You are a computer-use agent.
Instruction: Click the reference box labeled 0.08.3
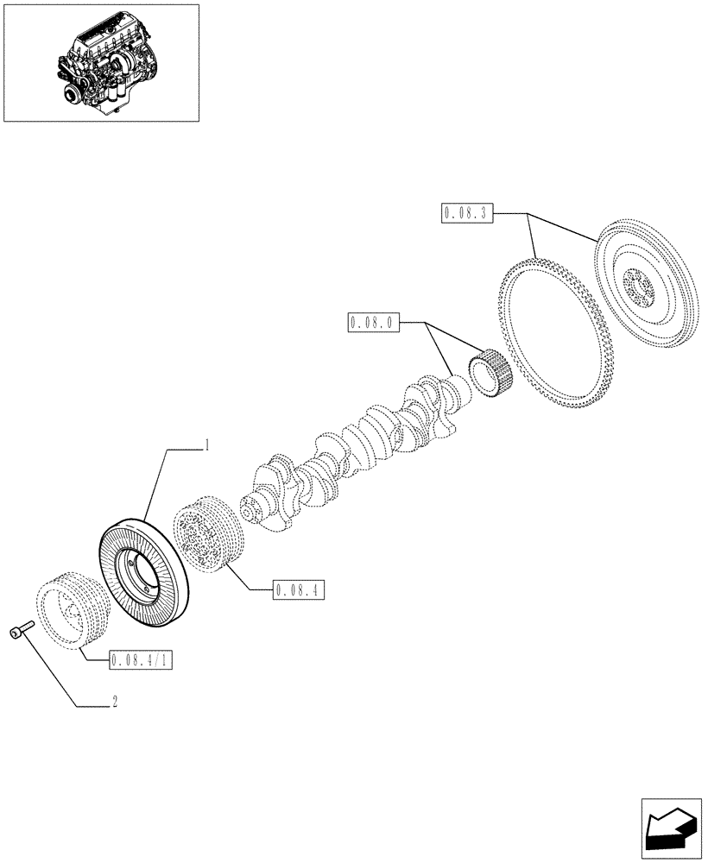[466, 212]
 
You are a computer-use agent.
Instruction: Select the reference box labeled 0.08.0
[371, 324]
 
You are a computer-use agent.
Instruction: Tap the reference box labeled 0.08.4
[298, 590]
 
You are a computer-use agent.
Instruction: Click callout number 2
[114, 703]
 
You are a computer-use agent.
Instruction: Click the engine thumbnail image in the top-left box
[102, 62]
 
